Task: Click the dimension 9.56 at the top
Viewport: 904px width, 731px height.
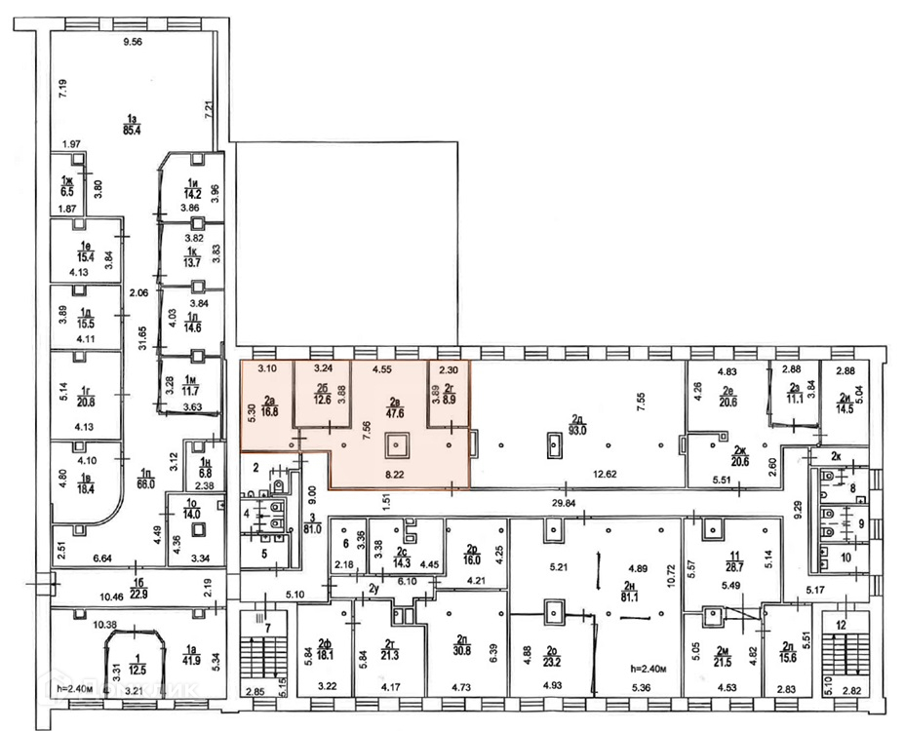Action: [131, 42]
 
